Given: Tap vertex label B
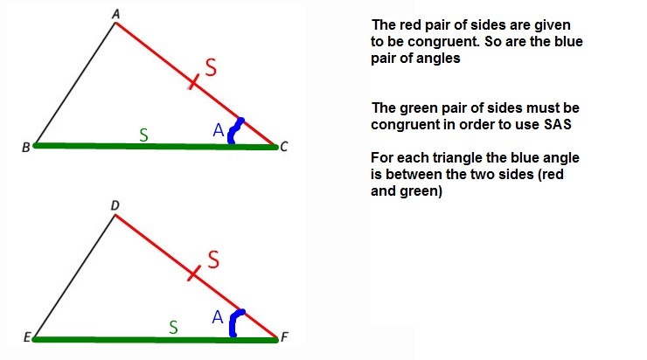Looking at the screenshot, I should click(x=25, y=147).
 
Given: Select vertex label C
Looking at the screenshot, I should click(x=284, y=147).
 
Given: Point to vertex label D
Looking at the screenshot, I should click(x=115, y=205).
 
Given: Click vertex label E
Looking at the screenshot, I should click(x=26, y=337).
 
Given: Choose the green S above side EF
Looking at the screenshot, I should click(x=173, y=327).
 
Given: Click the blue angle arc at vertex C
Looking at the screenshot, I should click(x=234, y=130).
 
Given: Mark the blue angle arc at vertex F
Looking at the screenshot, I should click(x=234, y=322).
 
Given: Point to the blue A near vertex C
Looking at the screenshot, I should click(x=219, y=130).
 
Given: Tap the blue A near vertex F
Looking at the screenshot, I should click(x=218, y=319).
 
